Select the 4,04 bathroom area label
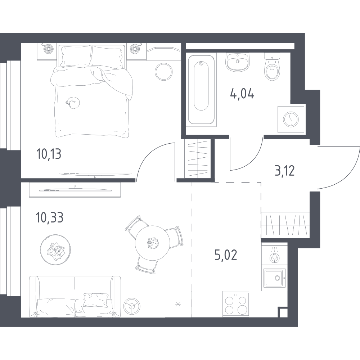pos(242,94)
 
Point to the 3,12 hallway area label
pos(285,171)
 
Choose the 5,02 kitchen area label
pos(226,255)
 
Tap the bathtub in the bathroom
pos(201,90)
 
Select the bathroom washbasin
pos(237,62)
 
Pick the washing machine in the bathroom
pos(291,120)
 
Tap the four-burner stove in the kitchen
pos(236,304)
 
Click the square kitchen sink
pos(275,278)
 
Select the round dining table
pos(152,243)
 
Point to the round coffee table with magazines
pos(55,250)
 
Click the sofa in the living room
pos(75,297)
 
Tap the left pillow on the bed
pos(76,56)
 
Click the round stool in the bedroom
pos(163,72)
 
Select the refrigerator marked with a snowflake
pos(178,304)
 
